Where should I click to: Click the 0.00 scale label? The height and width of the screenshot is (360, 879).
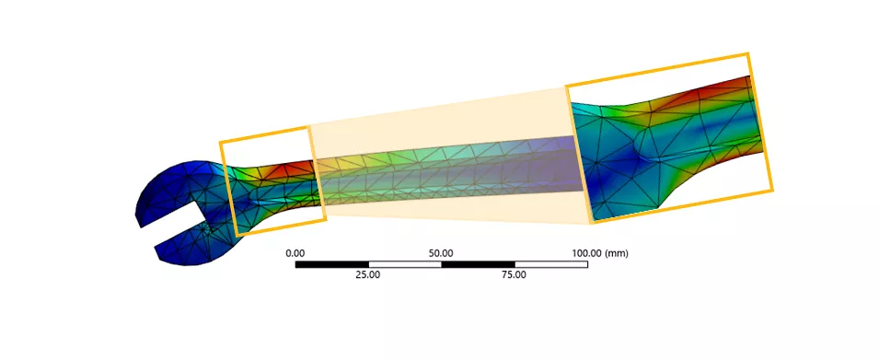pyautogui.click(x=295, y=253)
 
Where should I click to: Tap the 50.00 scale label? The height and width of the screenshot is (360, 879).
pyautogui.click(x=441, y=253)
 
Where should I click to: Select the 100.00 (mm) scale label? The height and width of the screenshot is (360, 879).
pyautogui.click(x=600, y=253)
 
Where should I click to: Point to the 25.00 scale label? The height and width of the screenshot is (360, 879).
pyautogui.click(x=368, y=274)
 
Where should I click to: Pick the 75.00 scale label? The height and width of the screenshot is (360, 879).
pyautogui.click(x=515, y=274)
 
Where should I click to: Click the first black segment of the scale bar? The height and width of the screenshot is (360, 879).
pyautogui.click(x=332, y=264)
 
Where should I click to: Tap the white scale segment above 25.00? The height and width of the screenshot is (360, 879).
pyautogui.click(x=405, y=264)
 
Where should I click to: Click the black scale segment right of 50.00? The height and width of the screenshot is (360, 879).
pyautogui.click(x=478, y=264)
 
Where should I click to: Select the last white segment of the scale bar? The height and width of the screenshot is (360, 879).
pyautogui.click(x=551, y=264)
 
